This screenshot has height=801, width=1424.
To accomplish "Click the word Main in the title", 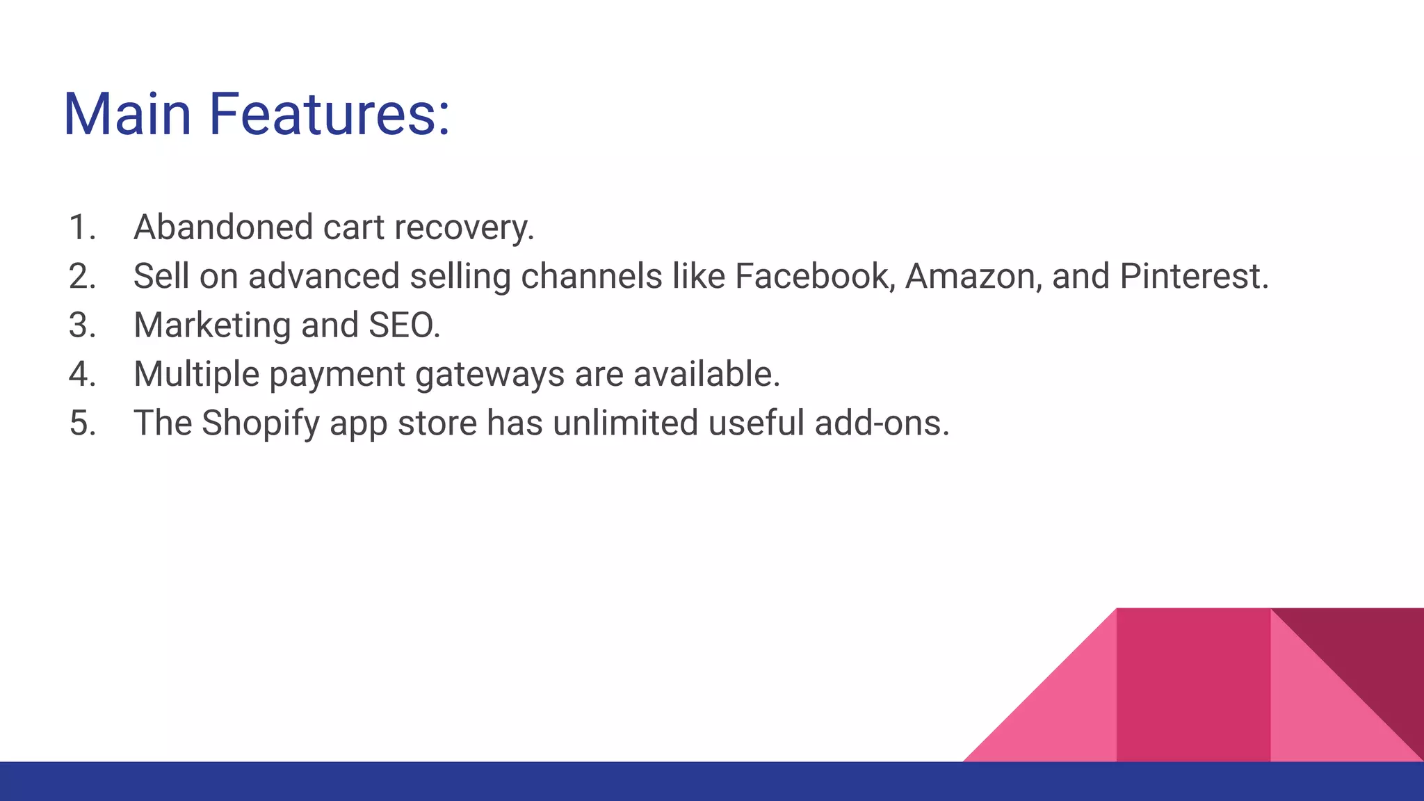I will (127, 115).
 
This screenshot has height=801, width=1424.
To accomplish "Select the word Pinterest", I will (1194, 276).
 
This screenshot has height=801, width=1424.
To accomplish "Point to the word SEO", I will (403, 325).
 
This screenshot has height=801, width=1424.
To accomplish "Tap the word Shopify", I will (261, 424).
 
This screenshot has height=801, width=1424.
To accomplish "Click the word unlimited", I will (625, 423).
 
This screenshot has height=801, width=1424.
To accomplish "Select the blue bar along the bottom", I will (487, 782).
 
